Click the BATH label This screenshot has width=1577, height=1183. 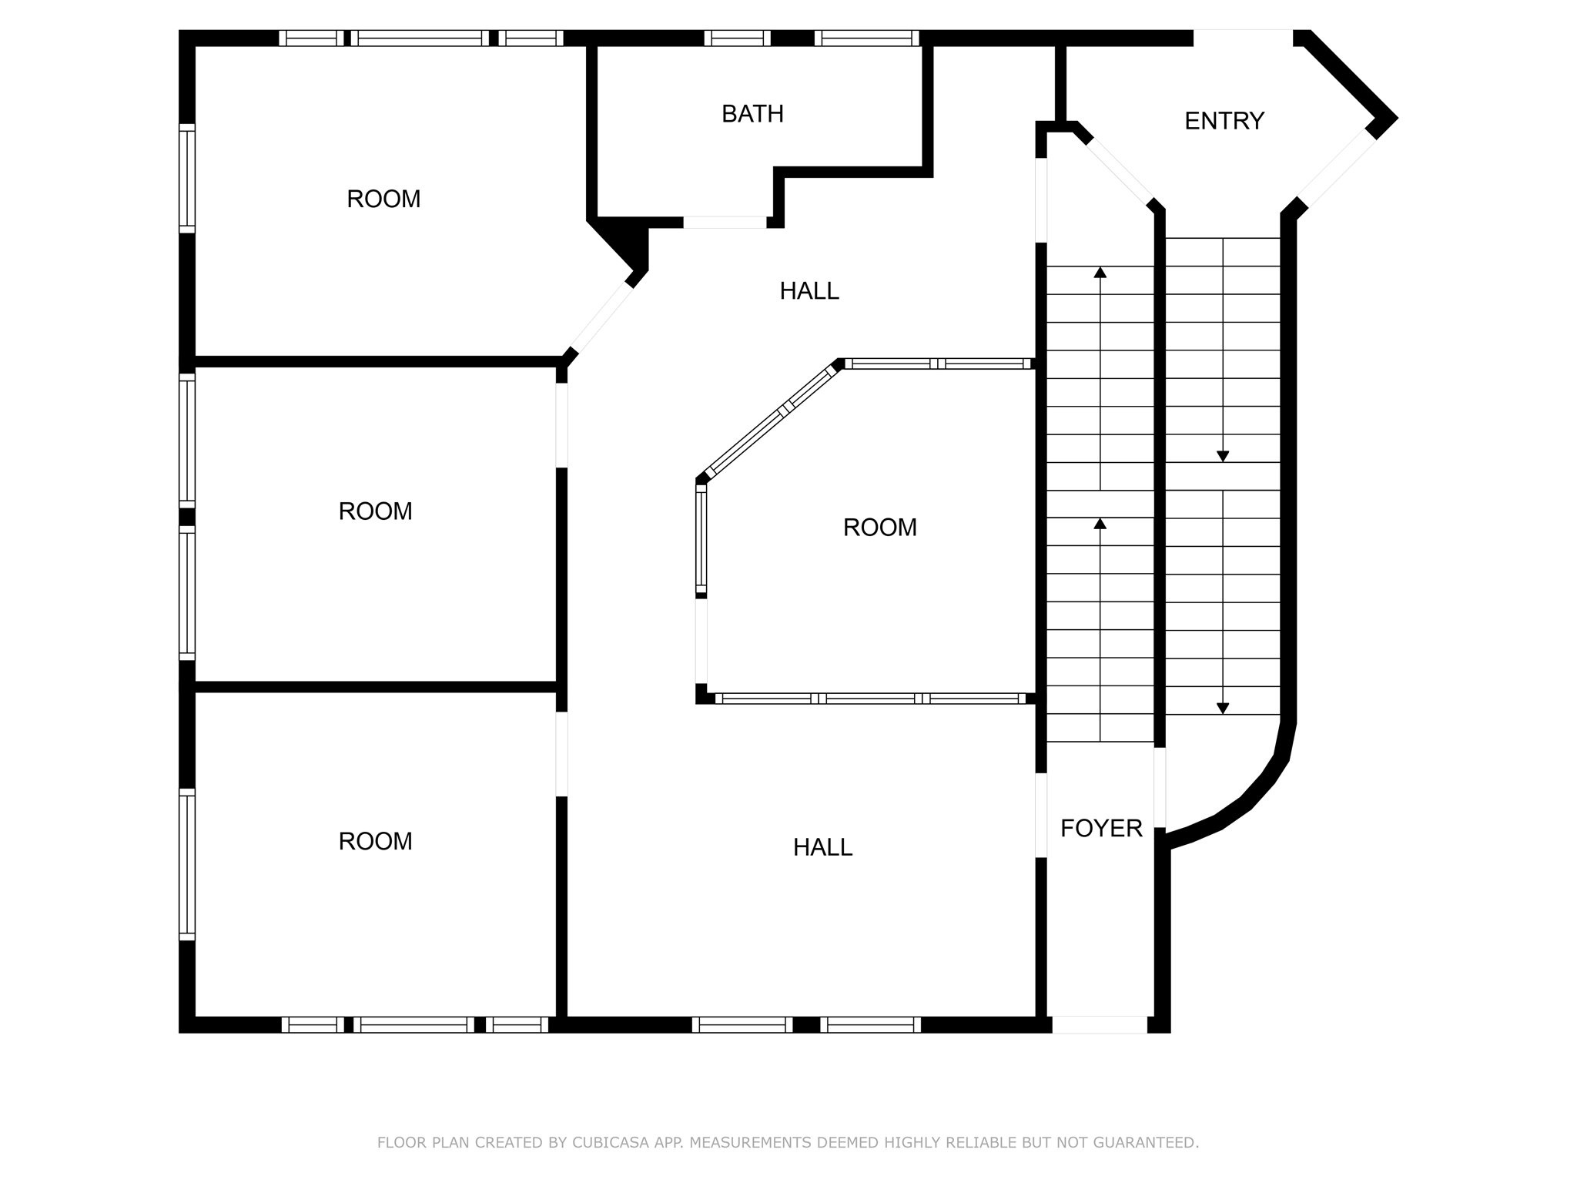[x=752, y=114]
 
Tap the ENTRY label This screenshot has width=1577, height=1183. [x=1224, y=121]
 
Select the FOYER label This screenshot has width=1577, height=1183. [x=1101, y=828]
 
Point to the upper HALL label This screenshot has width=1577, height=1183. [x=809, y=291]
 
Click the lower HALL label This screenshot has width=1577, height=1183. [x=823, y=847]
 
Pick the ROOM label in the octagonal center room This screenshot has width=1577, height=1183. [x=880, y=528]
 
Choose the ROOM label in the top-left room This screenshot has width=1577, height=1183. [x=383, y=199]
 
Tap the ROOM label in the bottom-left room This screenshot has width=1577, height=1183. [x=376, y=841]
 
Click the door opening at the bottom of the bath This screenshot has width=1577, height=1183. [x=725, y=223]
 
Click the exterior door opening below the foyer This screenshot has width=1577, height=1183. [x=1100, y=1024]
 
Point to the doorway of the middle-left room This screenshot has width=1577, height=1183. [x=562, y=425]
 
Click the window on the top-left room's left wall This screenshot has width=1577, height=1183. [x=187, y=178]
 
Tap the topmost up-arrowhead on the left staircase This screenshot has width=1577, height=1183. [x=1100, y=272]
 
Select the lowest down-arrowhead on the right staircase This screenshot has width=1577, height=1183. [x=1223, y=709]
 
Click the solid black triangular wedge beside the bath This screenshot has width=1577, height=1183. [x=622, y=245]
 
